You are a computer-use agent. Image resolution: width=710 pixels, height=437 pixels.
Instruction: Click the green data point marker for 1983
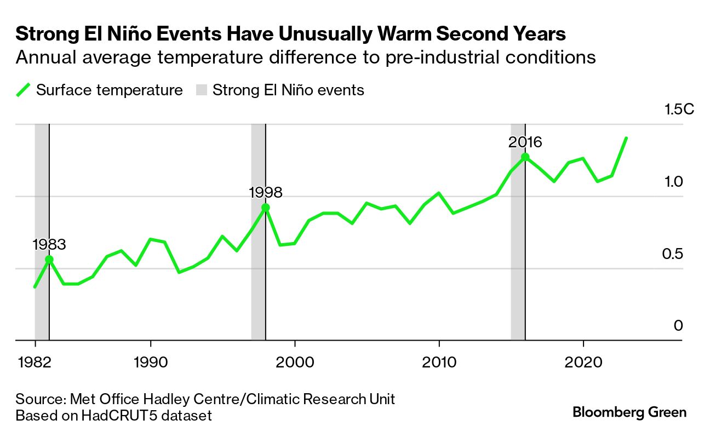[49, 260]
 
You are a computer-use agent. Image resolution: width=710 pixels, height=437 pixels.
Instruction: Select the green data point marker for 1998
[266, 208]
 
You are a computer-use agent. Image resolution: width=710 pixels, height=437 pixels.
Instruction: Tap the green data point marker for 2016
[525, 157]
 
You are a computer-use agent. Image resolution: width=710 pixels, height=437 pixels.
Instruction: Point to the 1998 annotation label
[266, 193]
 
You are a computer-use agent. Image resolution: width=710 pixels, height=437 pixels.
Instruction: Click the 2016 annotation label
[525, 142]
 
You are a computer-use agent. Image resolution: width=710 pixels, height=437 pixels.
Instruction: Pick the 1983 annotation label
[49, 245]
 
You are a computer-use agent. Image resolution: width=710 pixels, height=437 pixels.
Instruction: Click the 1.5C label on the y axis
[679, 110]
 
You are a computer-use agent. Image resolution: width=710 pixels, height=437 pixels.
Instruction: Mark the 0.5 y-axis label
[674, 254]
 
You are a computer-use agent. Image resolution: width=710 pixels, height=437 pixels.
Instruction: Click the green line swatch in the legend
[23, 90]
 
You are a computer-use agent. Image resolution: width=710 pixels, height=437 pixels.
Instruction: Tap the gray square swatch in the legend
[201, 90]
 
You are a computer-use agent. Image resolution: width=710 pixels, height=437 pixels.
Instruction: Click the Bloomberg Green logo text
[629, 412]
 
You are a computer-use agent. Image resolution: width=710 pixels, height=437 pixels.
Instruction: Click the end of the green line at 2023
[626, 138]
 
